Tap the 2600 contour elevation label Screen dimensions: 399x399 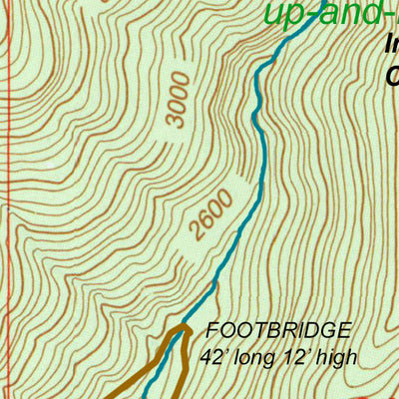pyautogui.click(x=214, y=215)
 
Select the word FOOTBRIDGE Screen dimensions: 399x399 pyautogui.click(x=278, y=330)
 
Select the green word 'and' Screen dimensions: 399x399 pyautogui.click(x=349, y=13)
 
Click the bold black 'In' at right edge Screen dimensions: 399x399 pyautogui.click(x=391, y=44)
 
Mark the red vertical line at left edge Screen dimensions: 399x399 pyautogui.click(x=6, y=199)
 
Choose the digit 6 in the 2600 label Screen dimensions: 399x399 pyautogui.click(x=207, y=224)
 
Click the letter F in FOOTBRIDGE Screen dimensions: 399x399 pyautogui.click(x=211, y=330)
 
